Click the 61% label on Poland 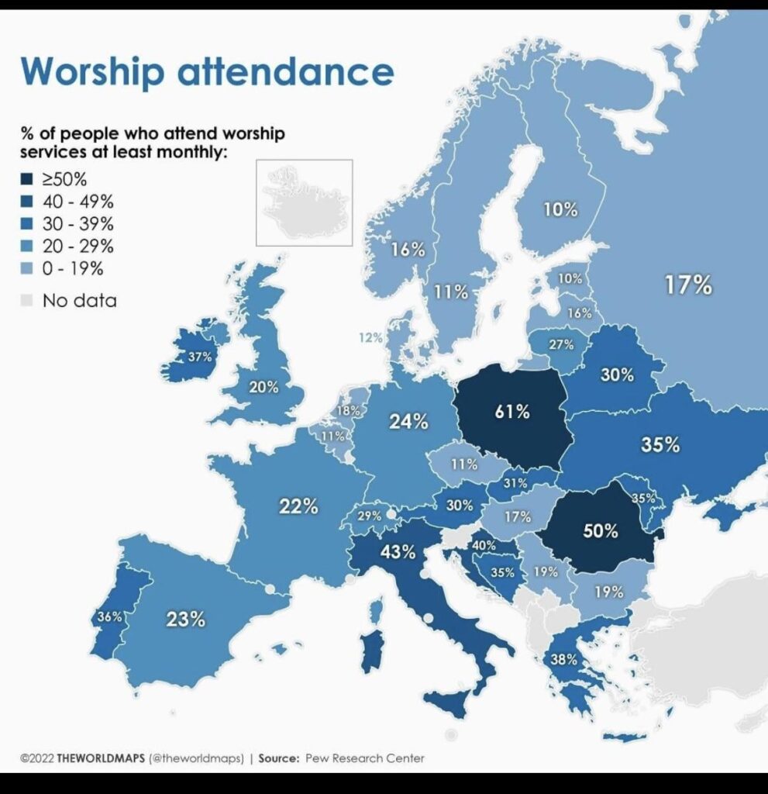(512, 412)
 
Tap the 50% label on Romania (601, 530)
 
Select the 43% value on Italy (398, 551)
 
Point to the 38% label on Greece (563, 659)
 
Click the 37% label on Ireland (200, 357)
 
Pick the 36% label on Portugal (110, 616)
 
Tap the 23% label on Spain (186, 619)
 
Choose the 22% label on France (298, 506)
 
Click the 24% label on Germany (408, 421)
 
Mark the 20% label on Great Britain (263, 388)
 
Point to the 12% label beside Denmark (370, 337)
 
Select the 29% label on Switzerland (369, 516)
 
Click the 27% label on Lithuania (561, 344)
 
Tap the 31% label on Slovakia (515, 483)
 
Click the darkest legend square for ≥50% (27, 179)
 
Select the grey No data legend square (27, 300)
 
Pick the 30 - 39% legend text (78, 223)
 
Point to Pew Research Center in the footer (364, 758)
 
